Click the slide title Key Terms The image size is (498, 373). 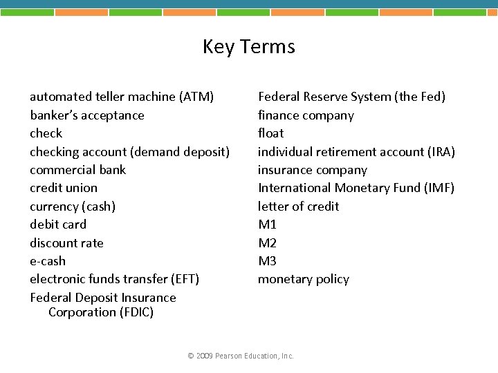249,47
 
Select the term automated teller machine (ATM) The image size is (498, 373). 122,97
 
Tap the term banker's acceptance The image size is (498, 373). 87,115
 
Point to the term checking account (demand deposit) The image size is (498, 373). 129,151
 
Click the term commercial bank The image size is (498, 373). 77,170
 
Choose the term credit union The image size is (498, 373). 64,188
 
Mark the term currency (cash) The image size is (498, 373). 73,207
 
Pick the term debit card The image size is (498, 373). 58,224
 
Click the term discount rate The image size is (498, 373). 66,243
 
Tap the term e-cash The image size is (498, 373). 48,261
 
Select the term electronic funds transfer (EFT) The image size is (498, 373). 114,279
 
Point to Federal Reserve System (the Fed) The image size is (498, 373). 351,97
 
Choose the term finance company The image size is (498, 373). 306,115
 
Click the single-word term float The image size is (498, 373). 270,133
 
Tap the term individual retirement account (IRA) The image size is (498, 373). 356,151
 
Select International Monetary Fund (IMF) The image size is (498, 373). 356,188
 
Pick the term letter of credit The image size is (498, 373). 298,207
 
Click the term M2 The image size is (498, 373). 267,243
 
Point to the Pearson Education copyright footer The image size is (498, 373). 241,356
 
